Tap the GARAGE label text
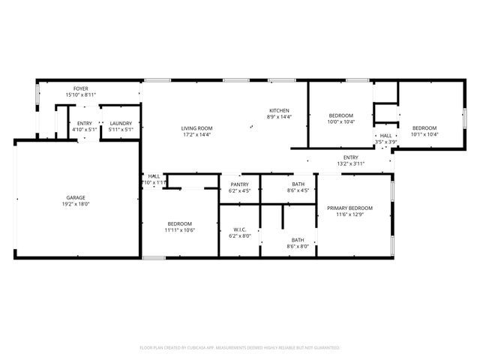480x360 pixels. coord(76,198)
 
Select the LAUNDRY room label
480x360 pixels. coord(121,124)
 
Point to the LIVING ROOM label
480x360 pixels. coord(196,128)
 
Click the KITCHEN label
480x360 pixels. coord(279,110)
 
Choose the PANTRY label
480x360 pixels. coord(239,184)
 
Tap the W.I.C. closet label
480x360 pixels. coord(239,229)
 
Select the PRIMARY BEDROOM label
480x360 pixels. coord(352,208)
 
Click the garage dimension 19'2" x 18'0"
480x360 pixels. coord(76,204)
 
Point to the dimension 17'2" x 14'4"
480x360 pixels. coord(196,135)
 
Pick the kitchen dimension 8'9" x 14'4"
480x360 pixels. coord(279,117)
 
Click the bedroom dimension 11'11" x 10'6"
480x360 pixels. coord(180,230)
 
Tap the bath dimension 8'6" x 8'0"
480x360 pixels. coord(298,247)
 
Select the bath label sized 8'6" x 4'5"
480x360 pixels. coord(298,184)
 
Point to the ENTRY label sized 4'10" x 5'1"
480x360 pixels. coord(85,124)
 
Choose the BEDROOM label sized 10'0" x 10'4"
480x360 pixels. coord(340,115)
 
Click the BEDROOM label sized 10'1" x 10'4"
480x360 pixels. coord(424,128)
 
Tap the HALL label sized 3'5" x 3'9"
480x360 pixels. coord(385,136)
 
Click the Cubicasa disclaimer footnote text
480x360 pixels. coord(240,348)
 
